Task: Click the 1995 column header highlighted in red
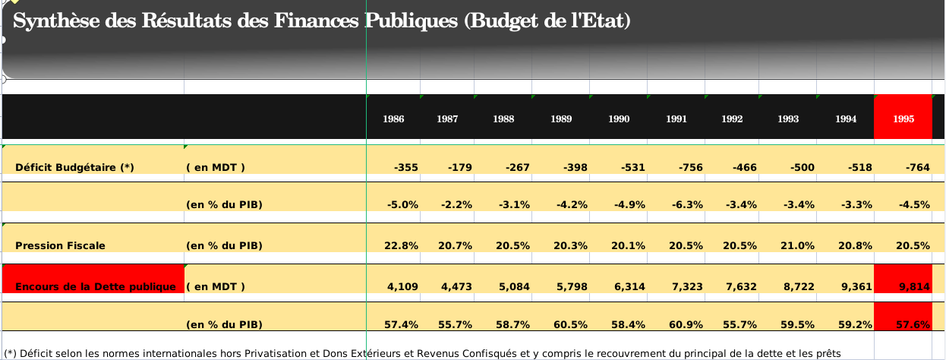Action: [x=903, y=118]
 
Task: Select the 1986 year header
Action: [x=393, y=119]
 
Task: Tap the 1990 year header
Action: [x=619, y=119]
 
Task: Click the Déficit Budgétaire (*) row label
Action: [x=74, y=168]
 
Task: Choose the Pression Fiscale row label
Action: [x=60, y=245]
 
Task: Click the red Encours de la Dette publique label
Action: [x=96, y=286]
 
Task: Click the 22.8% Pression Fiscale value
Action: [x=402, y=245]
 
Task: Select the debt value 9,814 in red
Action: [x=914, y=286]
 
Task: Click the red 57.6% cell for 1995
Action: [x=913, y=324]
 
